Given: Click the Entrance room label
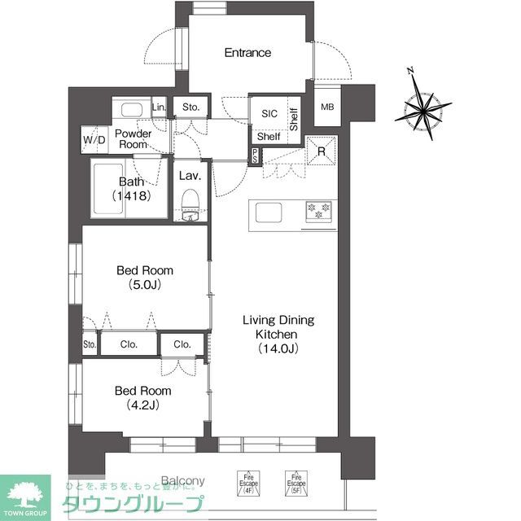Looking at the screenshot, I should pyautogui.click(x=247, y=53).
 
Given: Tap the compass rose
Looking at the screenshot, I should pyautogui.click(x=423, y=107).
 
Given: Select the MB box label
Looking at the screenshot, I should pyautogui.click(x=326, y=107).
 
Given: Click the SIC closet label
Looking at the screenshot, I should pyautogui.click(x=269, y=115).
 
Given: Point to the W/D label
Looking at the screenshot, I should pyautogui.click(x=94, y=140).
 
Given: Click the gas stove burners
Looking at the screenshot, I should pyautogui.click(x=317, y=211).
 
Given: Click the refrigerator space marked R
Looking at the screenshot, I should pyautogui.click(x=322, y=151).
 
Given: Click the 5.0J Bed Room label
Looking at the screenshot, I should pyautogui.click(x=145, y=278).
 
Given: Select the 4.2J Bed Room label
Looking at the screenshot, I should pyautogui.click(x=143, y=396).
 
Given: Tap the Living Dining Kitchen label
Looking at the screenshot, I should pyautogui.click(x=278, y=334).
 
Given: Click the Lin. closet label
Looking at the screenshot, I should pyautogui.click(x=159, y=107).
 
